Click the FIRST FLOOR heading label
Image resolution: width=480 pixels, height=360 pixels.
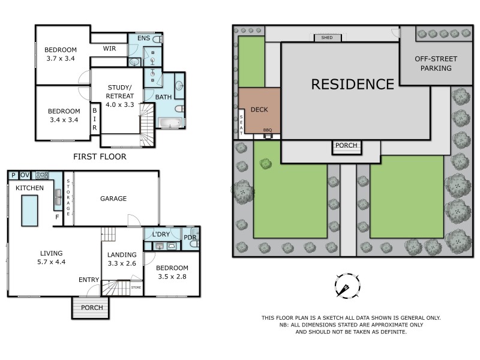[100, 157]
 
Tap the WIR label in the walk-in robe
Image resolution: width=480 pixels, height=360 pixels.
[109, 48]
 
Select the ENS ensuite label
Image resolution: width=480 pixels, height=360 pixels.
[143, 38]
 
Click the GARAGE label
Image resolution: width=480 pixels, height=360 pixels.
[113, 199]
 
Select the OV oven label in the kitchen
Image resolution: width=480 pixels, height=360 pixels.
[25, 175]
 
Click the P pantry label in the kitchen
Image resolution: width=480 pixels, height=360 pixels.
[13, 175]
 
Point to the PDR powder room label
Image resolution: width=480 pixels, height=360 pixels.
[190, 238]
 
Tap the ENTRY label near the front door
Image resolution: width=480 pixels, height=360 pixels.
[89, 280]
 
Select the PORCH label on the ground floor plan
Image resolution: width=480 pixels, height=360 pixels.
[92, 308]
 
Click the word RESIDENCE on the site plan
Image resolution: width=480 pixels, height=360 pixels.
[352, 84]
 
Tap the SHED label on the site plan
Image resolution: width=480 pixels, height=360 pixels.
[327, 38]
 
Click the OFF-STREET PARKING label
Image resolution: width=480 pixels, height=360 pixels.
[436, 64]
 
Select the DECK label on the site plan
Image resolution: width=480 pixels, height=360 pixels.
[259, 110]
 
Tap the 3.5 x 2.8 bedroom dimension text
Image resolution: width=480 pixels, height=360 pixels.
[172, 277]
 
